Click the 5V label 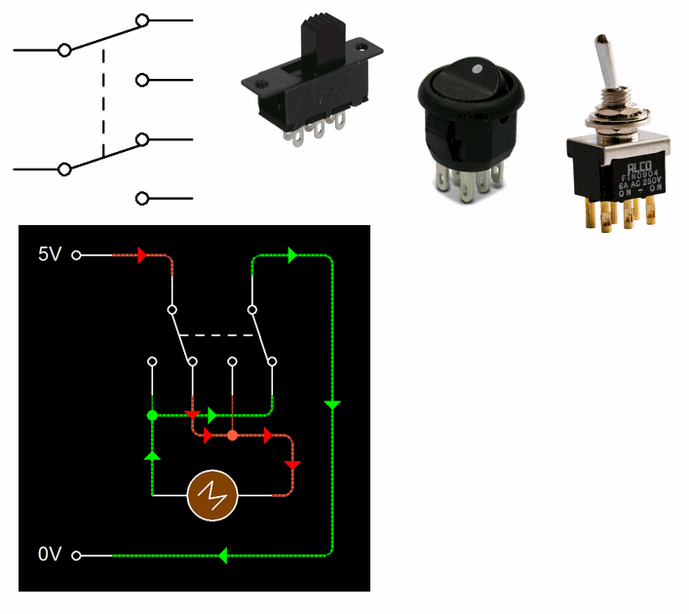pyautogui.click(x=50, y=255)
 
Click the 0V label pyautogui.click(x=50, y=555)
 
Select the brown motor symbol pyautogui.click(x=214, y=495)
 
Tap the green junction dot pyautogui.click(x=152, y=415)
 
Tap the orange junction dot pyautogui.click(x=232, y=435)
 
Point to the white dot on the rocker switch pyautogui.click(x=477, y=71)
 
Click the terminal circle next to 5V pyautogui.click(x=77, y=255)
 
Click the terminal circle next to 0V pyautogui.click(x=77, y=556)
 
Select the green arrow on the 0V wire pyautogui.click(x=223, y=556)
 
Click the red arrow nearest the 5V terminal pyautogui.click(x=142, y=255)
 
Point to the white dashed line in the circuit pyautogui.click(x=220, y=335)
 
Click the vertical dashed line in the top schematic pyautogui.click(x=102, y=97)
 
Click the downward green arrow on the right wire pyautogui.click(x=332, y=404)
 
